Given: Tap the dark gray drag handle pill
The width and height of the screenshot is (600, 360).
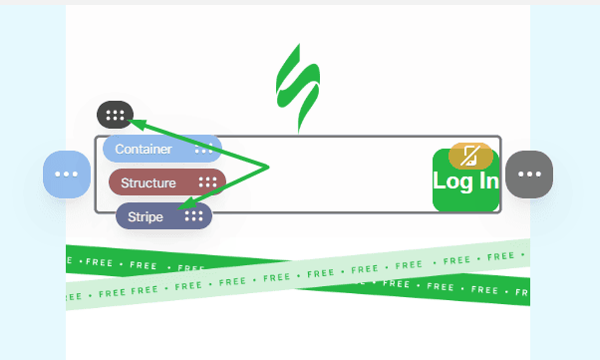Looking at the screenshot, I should coord(115,115).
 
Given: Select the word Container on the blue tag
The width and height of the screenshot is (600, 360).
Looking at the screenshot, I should coord(144,150).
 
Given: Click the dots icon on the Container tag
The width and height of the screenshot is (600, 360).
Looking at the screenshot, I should coord(203,150).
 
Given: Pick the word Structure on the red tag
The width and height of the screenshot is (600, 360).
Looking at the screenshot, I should coord(148,182).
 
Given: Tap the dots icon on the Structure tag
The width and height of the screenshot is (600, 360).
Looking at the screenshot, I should coord(207,182).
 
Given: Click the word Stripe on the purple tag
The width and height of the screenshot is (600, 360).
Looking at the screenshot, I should coord(145,215).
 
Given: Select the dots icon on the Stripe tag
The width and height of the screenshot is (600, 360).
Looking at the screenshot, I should coord(193,215).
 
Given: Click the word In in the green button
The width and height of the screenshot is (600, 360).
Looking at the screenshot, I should coord(486,181).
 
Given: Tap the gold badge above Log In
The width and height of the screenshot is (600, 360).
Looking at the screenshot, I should coord(470,155).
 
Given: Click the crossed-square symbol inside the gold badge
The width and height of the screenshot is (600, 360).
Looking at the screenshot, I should coord(470,155).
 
